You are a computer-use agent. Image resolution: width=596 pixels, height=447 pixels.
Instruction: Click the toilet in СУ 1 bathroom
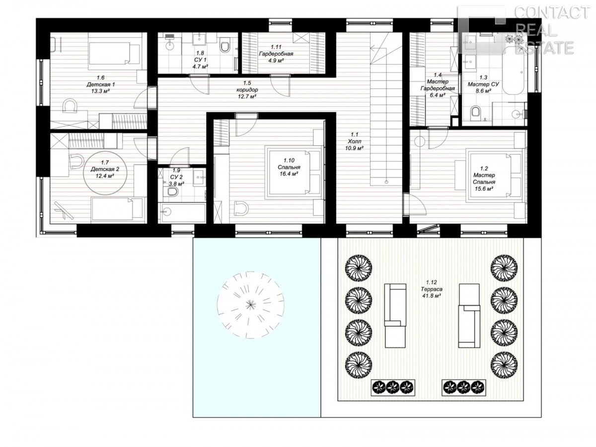point(225,46)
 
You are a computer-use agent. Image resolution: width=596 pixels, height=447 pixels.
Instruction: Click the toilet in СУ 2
point(172,192)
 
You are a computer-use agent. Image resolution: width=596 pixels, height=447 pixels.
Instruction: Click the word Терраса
point(431,289)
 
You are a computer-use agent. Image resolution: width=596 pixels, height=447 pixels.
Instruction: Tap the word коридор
point(247,89)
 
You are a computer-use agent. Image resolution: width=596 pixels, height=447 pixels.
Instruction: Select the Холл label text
point(354,141)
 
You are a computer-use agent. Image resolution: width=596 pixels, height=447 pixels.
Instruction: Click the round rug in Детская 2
point(105,173)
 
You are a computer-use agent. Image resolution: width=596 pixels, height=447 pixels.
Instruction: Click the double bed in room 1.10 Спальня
point(294,173)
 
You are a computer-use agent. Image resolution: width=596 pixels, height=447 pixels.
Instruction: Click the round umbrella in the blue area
point(250,305)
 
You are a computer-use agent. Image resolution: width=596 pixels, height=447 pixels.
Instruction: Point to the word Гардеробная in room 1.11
point(276,54)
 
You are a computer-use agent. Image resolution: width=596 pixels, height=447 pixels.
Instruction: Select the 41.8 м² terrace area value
point(431,296)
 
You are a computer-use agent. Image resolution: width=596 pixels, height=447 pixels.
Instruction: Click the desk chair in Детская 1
point(70,106)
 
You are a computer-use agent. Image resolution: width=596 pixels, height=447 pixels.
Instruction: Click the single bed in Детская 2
point(117,208)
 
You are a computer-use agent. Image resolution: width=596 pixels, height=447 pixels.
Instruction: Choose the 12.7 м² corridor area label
point(247,96)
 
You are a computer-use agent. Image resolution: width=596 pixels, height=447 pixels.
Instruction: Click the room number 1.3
point(483,78)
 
